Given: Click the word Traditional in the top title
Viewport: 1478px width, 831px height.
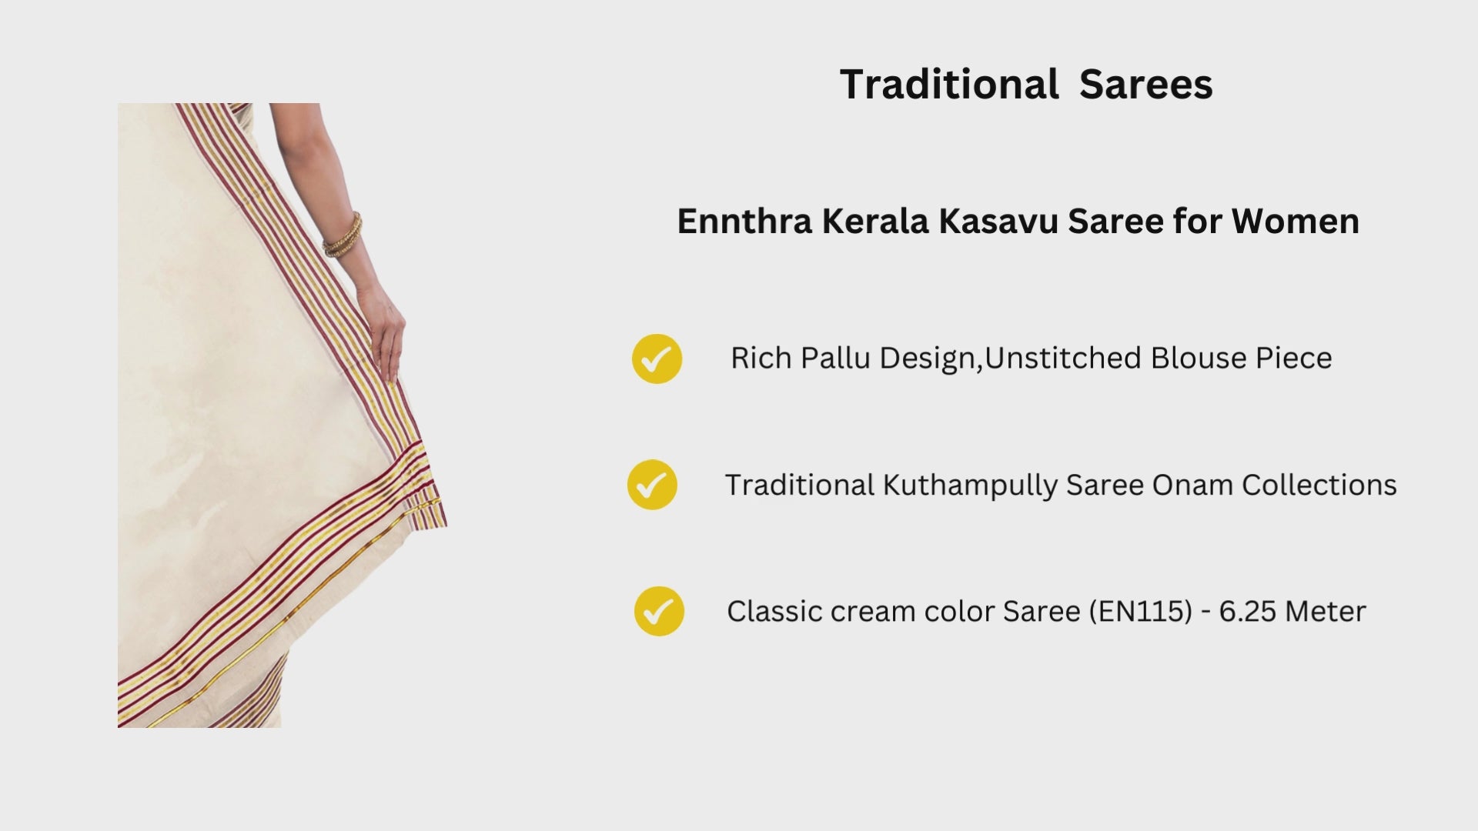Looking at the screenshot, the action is point(949,84).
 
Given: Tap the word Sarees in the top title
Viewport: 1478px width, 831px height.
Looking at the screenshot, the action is point(1145,84).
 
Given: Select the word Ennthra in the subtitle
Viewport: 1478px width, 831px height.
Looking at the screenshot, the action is point(744,222).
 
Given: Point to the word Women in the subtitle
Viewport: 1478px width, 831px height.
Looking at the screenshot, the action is point(1296,222).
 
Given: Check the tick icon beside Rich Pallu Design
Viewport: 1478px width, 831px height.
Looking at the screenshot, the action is point(657,359).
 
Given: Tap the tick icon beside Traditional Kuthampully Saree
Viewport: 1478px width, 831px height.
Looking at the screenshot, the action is point(652,485).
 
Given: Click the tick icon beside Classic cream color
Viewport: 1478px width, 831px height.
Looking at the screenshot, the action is point(659,611).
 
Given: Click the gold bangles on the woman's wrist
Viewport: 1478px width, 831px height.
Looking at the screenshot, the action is point(343,235).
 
